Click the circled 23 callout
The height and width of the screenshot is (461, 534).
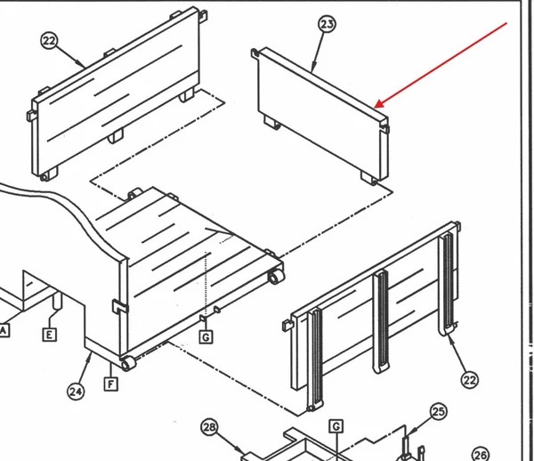coord(327,25)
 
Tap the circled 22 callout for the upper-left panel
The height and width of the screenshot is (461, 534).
coord(49,41)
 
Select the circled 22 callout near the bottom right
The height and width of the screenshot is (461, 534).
coord(470,380)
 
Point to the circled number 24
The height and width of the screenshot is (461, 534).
coord(76,392)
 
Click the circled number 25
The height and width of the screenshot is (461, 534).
coord(438,412)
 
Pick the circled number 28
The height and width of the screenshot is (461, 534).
coord(209,427)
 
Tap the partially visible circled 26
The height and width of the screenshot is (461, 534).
coord(481,455)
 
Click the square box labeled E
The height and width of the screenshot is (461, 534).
coord(49,335)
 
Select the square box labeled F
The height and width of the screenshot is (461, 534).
coord(110,384)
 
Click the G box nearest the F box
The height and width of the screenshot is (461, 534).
coord(206,337)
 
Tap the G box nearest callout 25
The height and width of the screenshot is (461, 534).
coord(336,426)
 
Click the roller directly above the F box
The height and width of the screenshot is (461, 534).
coord(127,364)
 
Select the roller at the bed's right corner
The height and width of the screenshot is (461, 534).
coord(276,277)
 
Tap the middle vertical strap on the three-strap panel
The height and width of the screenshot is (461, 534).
coord(381,321)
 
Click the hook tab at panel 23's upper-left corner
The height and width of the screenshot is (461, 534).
coord(255,53)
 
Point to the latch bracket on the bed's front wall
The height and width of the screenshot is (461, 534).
coord(119,306)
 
